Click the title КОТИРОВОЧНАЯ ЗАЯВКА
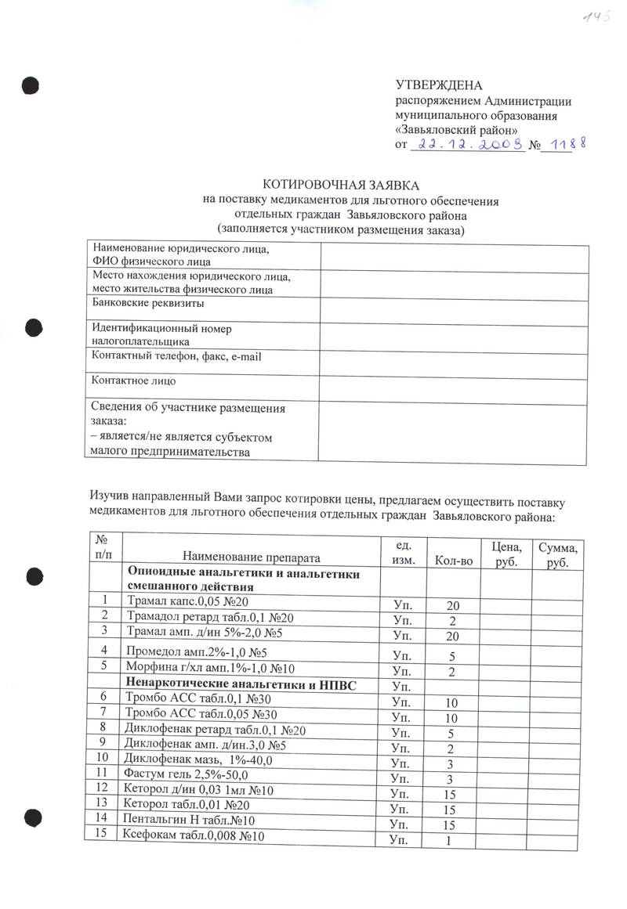point(340,186)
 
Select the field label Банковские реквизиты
point(148,302)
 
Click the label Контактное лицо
point(134,381)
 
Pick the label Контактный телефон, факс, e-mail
point(176,357)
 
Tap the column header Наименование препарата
point(252,557)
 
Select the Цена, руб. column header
point(506,553)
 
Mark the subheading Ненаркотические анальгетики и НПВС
point(242,686)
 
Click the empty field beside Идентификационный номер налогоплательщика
point(454,336)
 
